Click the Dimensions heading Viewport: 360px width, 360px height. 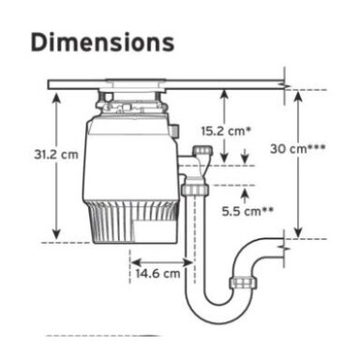pyautogui.click(x=102, y=42)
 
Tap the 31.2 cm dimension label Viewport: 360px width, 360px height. pyautogui.click(x=56, y=155)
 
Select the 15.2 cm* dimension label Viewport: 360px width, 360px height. pyautogui.click(x=226, y=131)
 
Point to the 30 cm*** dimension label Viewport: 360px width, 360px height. pyautogui.click(x=297, y=149)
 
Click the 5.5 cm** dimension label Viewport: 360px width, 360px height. pyautogui.click(x=247, y=211)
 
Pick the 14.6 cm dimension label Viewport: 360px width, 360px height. pyautogui.click(x=157, y=274)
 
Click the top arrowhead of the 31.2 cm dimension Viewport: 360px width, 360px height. pyautogui.click(x=56, y=97)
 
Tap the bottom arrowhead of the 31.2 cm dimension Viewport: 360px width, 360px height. pyautogui.click(x=56, y=234)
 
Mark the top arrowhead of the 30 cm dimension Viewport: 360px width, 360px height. pyautogui.click(x=298, y=96)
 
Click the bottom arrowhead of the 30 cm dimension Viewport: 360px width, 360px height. pyautogui.click(x=298, y=232)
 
